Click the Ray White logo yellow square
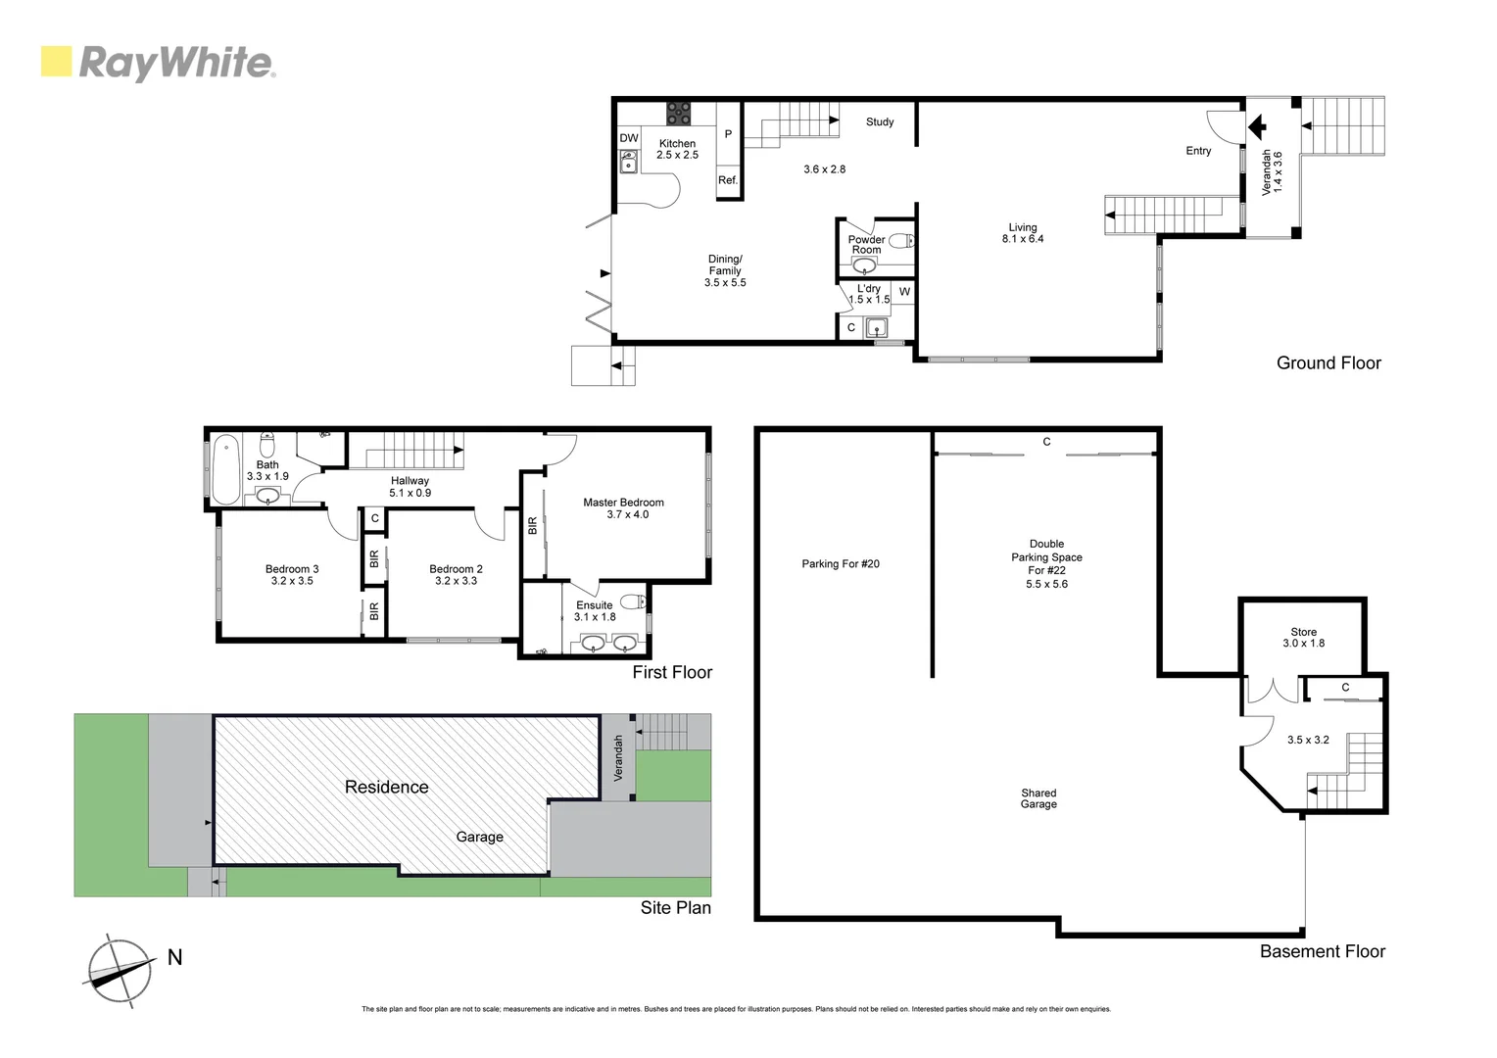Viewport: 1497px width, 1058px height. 56,62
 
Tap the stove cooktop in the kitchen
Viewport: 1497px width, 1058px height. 678,114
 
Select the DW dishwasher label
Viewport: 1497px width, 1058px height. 629,138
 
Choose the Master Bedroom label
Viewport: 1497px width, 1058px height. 623,507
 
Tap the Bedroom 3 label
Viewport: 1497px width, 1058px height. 292,574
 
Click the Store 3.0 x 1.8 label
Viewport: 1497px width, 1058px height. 1303,638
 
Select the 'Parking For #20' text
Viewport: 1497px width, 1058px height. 841,563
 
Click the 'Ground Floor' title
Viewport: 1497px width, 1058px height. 1328,362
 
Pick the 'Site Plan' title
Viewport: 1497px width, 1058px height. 675,907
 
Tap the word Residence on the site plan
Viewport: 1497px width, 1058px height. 386,787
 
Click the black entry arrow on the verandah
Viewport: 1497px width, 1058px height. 1257,126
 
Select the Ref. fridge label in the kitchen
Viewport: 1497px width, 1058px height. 728,180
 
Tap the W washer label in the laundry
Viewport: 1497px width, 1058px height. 904,292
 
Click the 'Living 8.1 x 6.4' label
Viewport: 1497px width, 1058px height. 1022,233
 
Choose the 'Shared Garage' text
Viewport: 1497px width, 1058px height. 1038,798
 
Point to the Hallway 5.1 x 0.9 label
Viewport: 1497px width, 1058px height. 410,487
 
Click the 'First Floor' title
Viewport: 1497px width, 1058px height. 672,672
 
